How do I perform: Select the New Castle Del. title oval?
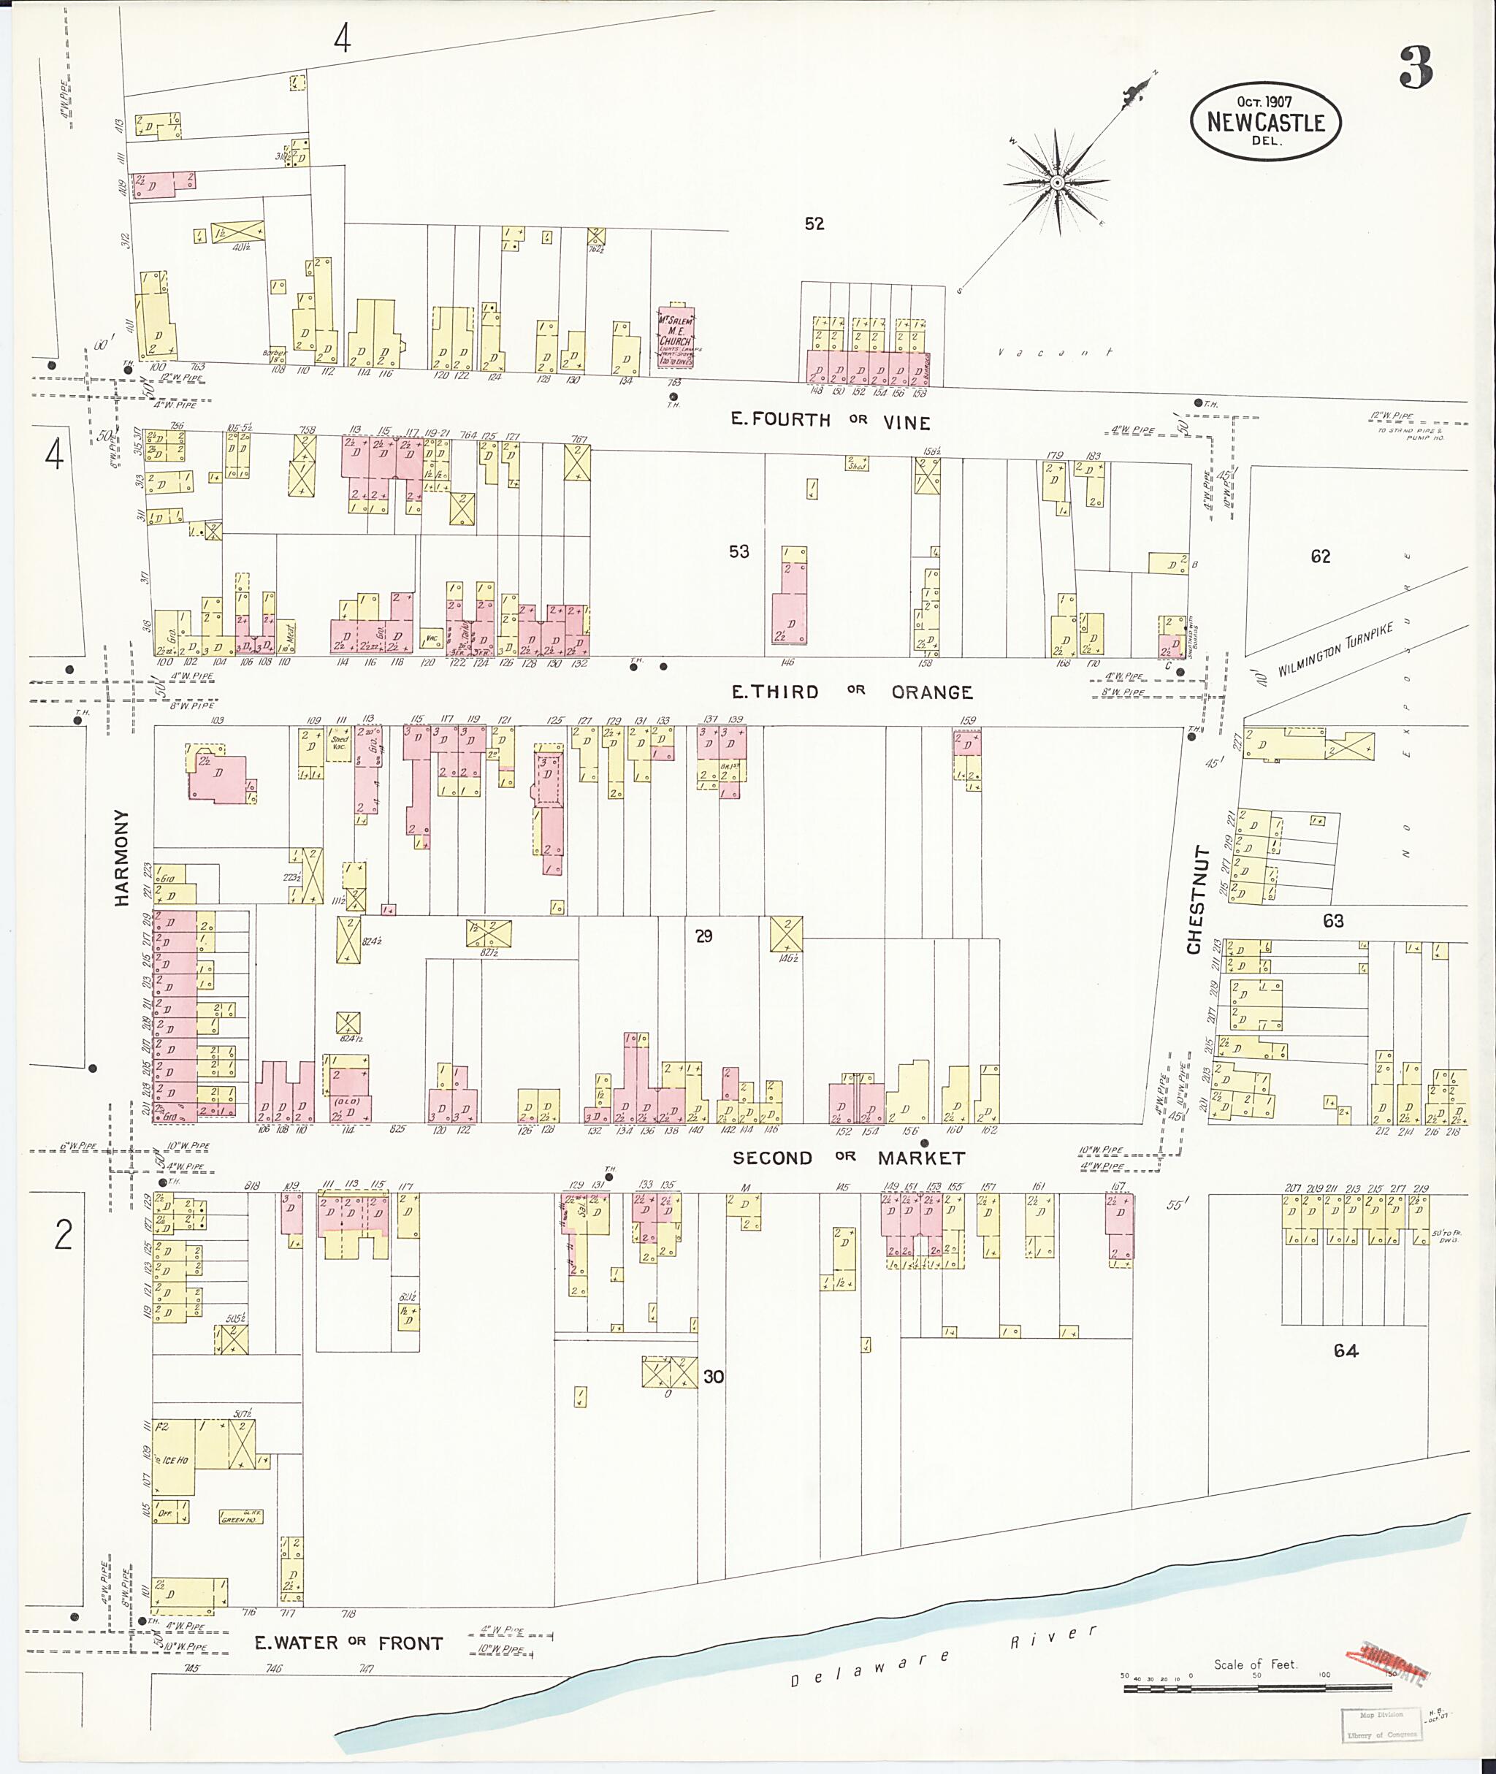coord(1265,121)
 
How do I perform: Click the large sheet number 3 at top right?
coord(1416,68)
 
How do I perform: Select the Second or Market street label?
coord(848,1158)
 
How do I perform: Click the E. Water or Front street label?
coord(348,1643)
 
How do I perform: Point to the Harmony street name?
coord(123,857)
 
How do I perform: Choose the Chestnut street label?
coord(1195,899)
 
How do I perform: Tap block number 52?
coord(814,224)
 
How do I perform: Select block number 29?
coord(703,936)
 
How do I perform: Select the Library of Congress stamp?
coord(1381,1724)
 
